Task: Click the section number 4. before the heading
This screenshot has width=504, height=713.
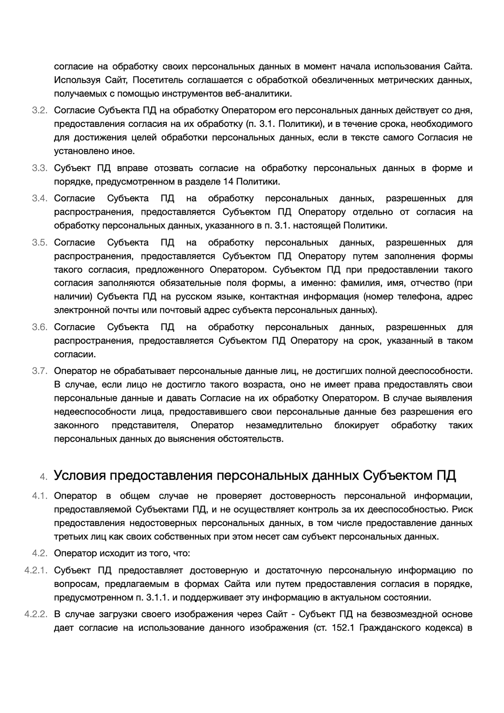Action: (x=44, y=476)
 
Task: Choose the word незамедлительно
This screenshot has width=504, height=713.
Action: (x=284, y=425)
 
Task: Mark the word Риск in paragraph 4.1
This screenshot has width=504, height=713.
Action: (x=463, y=510)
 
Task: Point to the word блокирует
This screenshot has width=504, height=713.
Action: (x=357, y=425)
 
